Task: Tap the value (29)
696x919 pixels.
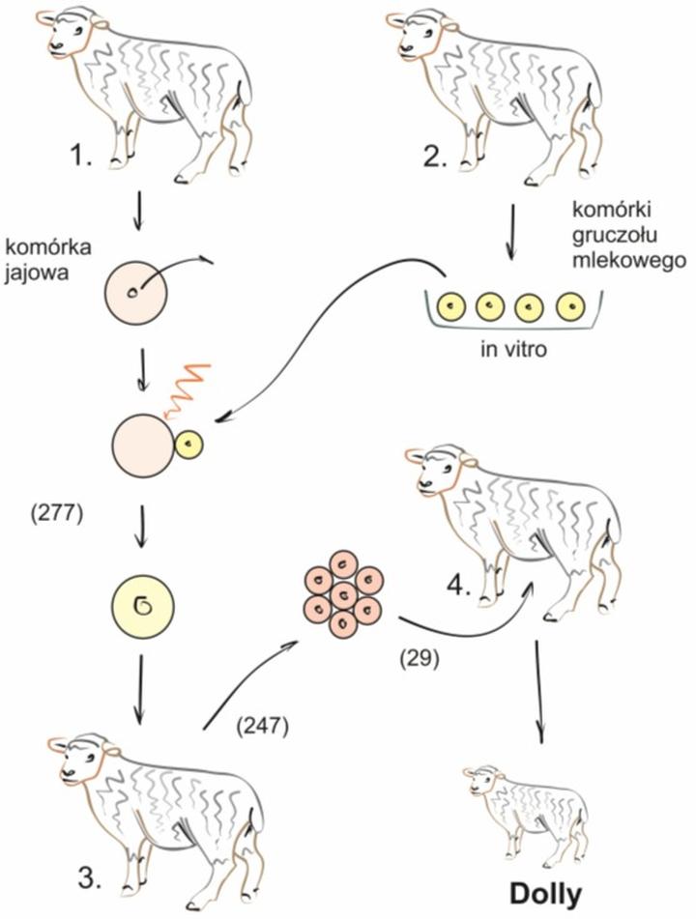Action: (x=420, y=659)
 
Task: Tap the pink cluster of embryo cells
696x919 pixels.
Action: (x=342, y=594)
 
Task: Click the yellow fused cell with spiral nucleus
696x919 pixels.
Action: (x=141, y=607)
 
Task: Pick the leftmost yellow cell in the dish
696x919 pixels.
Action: (x=452, y=307)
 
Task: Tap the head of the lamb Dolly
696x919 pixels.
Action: (x=482, y=780)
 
